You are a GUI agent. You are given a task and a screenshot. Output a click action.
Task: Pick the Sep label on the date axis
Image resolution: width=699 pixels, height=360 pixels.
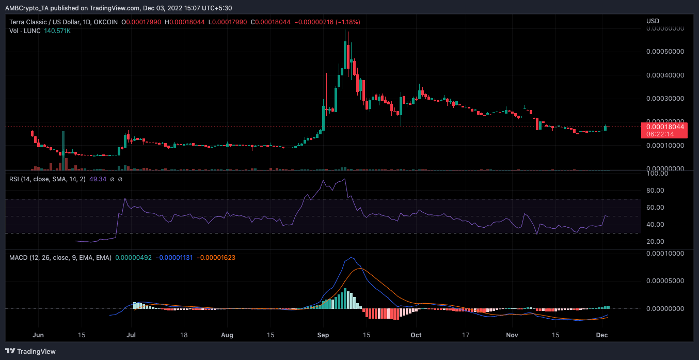coord(323,335)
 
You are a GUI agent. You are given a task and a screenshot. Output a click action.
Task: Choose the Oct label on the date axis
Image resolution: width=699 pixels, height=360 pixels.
coord(416,335)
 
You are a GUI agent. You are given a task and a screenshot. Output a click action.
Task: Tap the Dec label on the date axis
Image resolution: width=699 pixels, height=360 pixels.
coord(602,335)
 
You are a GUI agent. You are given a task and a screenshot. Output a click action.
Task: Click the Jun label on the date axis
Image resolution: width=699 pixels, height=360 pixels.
coord(38,335)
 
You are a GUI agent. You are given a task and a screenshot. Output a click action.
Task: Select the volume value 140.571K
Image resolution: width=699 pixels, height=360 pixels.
coord(57,31)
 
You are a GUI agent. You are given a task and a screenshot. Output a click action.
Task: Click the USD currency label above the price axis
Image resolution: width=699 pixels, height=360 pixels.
coord(653,21)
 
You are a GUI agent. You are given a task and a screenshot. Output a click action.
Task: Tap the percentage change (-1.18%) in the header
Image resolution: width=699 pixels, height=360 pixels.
coord(348,22)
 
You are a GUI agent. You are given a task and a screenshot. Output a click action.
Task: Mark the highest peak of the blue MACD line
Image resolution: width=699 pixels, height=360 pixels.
coord(352,257)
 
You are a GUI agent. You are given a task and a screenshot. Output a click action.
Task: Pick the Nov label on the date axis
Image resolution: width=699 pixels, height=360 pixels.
coord(512,335)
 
